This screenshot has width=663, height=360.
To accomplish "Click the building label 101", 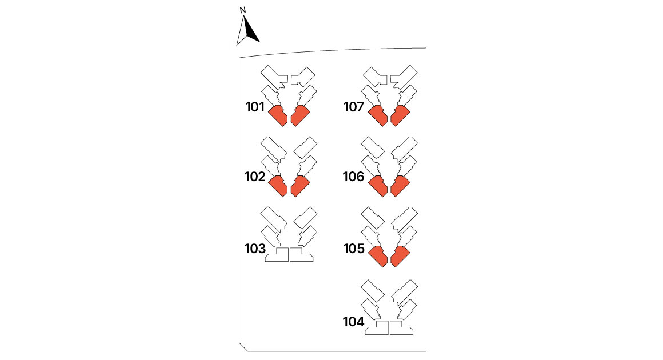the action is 255,107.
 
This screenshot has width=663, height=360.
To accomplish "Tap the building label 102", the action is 255,176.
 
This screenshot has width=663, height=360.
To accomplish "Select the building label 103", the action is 255,249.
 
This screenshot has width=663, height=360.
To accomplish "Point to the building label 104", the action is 353,322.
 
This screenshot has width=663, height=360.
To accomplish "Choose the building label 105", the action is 354,249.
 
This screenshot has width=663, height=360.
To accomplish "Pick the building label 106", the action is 353,176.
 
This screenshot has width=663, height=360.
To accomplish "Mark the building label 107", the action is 353,107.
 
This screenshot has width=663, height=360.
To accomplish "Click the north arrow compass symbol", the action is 247,31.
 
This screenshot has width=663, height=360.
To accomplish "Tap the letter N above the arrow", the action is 243,10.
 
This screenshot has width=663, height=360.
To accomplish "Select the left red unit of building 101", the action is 278,115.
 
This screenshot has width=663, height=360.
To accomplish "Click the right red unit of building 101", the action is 300,115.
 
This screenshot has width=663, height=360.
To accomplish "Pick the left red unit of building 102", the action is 278,186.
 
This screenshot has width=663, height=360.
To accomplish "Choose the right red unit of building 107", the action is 400,115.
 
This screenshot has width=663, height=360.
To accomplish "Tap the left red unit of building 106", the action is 378,186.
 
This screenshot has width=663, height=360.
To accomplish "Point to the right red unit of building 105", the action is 400,256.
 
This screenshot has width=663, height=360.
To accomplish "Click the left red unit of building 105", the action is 378,256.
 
